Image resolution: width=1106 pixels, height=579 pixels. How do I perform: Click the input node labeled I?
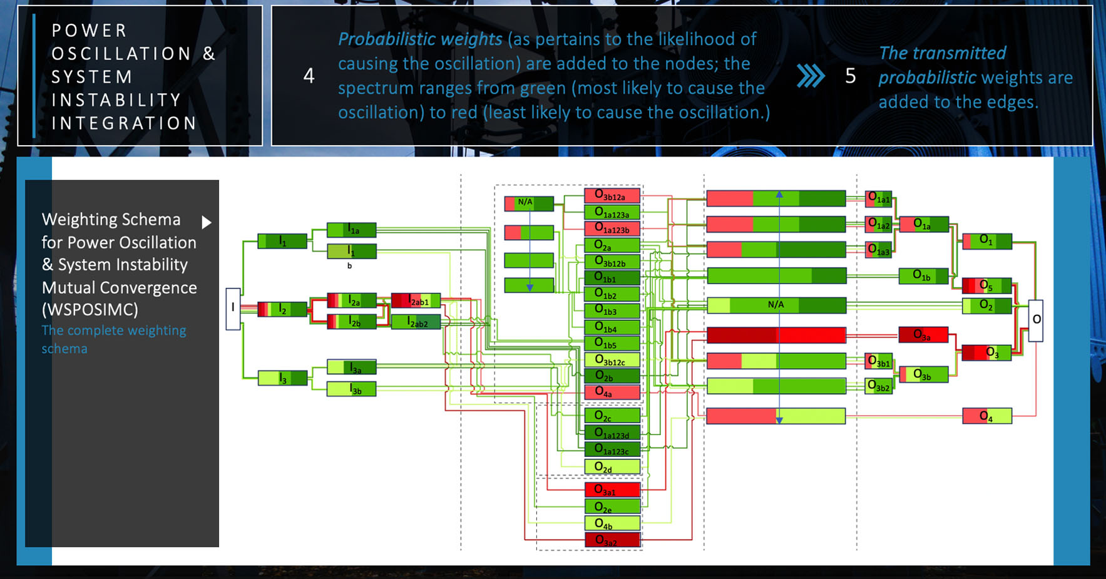[233, 309]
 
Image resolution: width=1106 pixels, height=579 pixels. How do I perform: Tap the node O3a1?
[612, 490]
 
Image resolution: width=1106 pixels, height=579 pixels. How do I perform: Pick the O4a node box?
[612, 392]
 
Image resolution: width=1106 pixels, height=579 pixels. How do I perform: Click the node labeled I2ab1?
[416, 300]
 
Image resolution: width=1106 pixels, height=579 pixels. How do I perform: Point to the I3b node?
[352, 389]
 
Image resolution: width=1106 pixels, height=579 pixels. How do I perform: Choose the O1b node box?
[923, 275]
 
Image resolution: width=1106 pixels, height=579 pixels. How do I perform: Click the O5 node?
[986, 285]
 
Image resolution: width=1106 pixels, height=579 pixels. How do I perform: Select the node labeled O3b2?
[878, 386]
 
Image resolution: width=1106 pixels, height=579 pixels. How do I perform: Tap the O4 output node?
[986, 416]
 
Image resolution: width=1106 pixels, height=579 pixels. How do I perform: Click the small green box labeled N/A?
[528, 203]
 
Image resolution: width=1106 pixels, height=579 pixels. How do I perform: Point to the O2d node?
[612, 467]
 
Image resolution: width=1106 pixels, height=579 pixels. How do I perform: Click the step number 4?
[309, 76]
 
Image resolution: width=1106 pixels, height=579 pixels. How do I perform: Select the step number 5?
[850, 76]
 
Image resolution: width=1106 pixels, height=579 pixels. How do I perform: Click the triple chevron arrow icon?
[811, 76]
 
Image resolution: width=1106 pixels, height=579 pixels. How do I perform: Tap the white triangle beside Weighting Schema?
[207, 222]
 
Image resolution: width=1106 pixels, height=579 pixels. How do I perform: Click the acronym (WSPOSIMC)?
[90, 309]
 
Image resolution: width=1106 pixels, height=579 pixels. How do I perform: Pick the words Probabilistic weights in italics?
[420, 39]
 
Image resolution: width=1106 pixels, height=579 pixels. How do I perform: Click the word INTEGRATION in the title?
[124, 123]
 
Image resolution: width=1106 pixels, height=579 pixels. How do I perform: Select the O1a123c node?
[612, 449]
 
